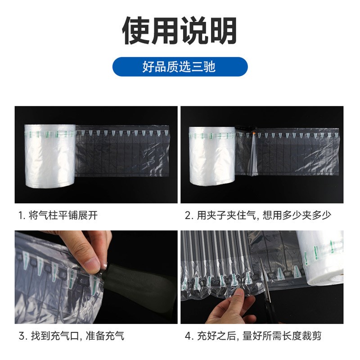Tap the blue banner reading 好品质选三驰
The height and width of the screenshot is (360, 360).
point(180,67)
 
